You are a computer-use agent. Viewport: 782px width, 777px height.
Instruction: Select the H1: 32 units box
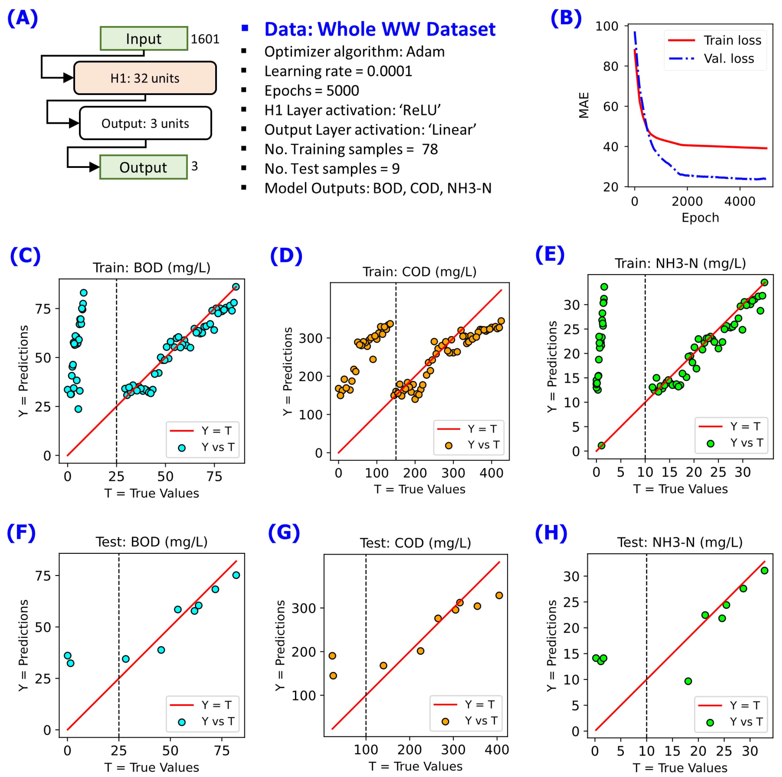(145, 78)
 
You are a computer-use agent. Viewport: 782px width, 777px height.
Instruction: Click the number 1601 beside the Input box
(205, 39)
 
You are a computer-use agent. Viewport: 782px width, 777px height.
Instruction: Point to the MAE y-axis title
(583, 105)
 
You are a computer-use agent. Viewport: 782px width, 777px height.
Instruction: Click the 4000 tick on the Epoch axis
(740, 201)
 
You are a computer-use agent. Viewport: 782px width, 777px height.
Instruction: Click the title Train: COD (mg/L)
(419, 272)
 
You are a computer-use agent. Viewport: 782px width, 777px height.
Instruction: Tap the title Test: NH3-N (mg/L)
(680, 542)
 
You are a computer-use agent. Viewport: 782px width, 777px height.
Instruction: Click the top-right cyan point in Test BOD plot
(236, 575)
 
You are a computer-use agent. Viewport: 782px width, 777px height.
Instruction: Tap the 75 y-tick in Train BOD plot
(43, 309)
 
